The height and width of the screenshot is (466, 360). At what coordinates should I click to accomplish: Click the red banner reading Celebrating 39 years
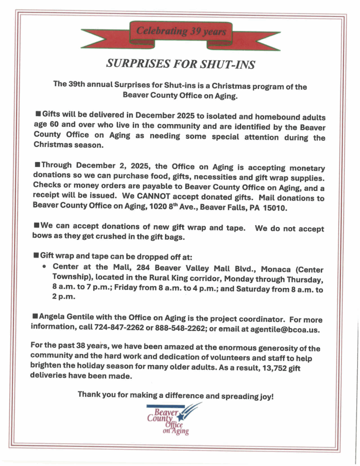click(x=181, y=32)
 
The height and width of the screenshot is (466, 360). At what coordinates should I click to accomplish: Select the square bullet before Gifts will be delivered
click(x=38, y=112)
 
